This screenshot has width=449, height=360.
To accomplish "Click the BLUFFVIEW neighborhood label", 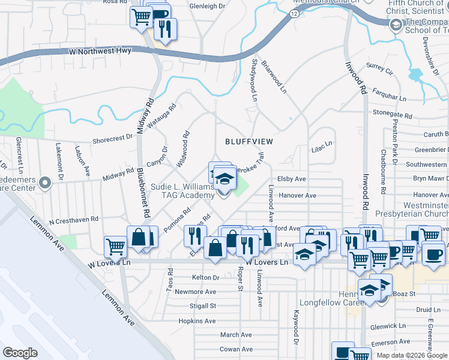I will [249, 142].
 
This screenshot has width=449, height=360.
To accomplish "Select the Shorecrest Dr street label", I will [112, 139].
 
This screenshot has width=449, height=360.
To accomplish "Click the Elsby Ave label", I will [292, 179].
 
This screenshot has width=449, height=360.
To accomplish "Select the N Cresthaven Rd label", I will [74, 221].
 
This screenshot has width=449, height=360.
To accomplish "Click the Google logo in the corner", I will [20, 353].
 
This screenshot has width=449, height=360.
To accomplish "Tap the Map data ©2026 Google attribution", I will [412, 355].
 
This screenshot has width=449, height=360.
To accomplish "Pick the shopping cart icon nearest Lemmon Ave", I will [115, 246].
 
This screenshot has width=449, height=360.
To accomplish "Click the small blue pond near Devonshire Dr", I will [415, 76].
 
